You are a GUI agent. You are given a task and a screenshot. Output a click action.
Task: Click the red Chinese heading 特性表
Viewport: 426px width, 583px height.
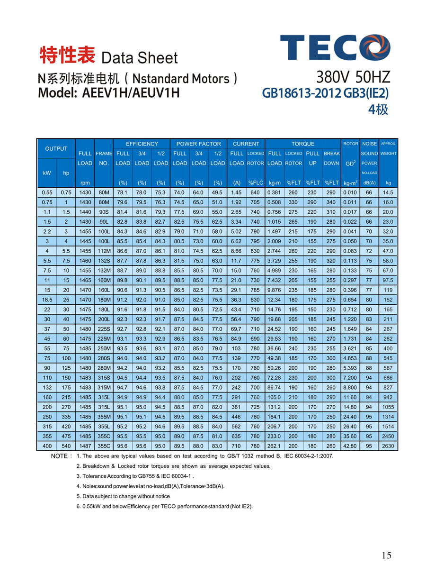(x=67, y=55)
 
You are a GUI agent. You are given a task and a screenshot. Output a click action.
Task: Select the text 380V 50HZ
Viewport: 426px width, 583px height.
(x=353, y=77)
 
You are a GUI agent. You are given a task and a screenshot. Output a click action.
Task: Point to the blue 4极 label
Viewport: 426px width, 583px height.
(x=378, y=109)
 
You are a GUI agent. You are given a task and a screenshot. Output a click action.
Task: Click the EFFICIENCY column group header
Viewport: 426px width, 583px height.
(x=142, y=144)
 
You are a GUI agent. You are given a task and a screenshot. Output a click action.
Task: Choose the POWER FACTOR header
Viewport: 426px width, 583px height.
(x=198, y=144)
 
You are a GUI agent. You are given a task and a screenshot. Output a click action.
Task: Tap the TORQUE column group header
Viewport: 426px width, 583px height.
(x=303, y=144)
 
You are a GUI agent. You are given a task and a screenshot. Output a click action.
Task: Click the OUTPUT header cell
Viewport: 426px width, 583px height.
(x=56, y=148)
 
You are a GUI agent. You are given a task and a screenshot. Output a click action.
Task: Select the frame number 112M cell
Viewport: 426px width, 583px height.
(x=104, y=251)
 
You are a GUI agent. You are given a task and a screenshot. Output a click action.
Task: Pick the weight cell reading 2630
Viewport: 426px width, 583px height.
(x=388, y=446)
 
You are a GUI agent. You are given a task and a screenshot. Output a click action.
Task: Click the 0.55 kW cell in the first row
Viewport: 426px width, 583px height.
(x=47, y=192)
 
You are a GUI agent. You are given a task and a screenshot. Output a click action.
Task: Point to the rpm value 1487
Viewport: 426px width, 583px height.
(x=85, y=446)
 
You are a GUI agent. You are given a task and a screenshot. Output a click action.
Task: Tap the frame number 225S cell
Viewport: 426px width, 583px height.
(x=104, y=329)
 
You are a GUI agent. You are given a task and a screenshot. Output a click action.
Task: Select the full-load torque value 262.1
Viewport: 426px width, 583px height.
(x=275, y=446)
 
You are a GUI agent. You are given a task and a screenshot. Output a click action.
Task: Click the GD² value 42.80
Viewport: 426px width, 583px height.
(x=350, y=446)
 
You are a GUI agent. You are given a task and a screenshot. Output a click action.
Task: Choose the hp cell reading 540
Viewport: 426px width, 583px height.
(x=66, y=446)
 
